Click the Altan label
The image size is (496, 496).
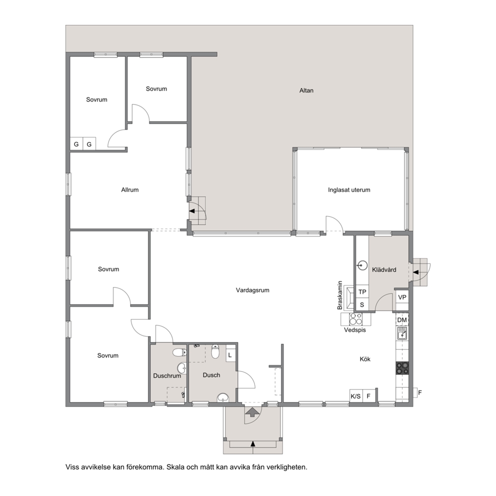[306, 90]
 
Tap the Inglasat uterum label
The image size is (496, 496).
[349, 190]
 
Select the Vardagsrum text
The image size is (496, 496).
[252, 290]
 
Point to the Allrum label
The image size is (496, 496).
[129, 190]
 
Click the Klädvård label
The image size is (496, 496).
[384, 270]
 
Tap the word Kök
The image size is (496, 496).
[365, 359]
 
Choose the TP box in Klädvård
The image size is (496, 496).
[362, 291]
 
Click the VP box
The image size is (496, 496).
[402, 297]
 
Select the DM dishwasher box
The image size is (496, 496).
[401, 320]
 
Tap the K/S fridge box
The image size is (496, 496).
[355, 396]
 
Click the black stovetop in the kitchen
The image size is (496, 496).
[402, 368]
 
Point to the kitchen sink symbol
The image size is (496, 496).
[402, 333]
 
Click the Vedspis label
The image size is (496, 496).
[355, 330]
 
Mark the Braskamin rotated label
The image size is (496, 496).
[339, 295]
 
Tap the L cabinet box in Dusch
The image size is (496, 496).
[230, 355]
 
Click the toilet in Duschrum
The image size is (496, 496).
[179, 352]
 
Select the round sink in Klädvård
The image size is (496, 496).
[363, 265]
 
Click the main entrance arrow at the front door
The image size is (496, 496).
[252, 411]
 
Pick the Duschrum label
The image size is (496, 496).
[167, 376]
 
